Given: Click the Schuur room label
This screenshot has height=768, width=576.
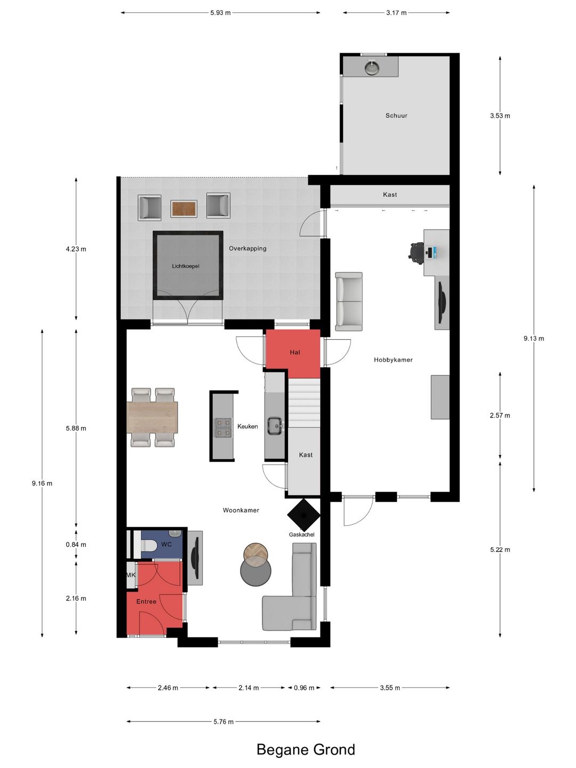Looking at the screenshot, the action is click(396, 115).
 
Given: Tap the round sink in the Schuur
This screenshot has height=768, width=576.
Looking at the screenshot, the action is click(372, 68).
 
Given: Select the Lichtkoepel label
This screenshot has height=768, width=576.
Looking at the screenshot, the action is click(186, 266).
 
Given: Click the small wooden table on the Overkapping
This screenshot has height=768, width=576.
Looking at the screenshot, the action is click(184, 209).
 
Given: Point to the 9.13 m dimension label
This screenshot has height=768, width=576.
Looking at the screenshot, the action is click(534, 338).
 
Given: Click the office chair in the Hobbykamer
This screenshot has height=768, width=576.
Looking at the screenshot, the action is click(416, 251).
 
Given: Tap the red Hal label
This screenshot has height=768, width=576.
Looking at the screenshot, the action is click(295, 353).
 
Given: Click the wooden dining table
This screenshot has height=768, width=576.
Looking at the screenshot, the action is click(152, 418).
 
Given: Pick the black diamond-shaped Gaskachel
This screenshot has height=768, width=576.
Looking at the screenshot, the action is click(303, 515).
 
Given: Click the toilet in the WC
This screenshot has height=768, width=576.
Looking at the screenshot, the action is click(148, 545).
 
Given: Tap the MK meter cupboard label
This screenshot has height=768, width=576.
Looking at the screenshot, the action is click(131, 575).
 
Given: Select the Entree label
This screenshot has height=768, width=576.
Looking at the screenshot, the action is click(146, 602).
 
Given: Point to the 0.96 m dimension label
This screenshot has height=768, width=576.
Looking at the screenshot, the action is click(304, 687).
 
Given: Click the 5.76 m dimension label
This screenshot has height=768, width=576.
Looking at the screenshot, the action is click(223, 721).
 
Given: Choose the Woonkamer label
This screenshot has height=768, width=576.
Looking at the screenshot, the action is click(241, 510).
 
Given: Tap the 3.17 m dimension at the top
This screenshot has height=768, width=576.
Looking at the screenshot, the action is click(396, 13).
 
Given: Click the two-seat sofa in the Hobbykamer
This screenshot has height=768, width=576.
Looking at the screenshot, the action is click(349, 302).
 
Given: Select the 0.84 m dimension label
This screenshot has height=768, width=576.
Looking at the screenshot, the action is click(76, 545).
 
